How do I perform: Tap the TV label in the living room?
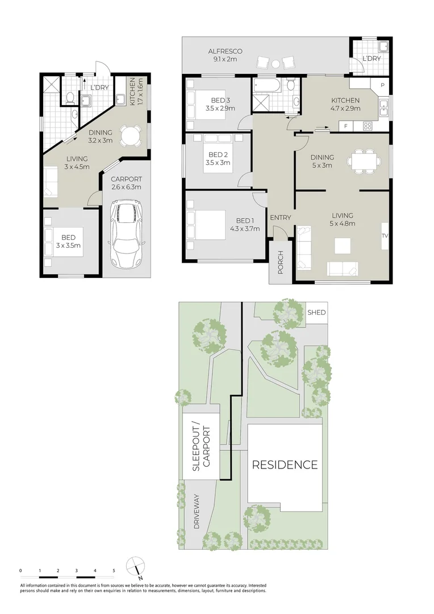coord(385,235)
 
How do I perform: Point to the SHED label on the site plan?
coord(316,312)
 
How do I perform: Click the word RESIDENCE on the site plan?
coord(285,465)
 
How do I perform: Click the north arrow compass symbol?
coord(136,567)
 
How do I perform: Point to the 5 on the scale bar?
coord(114,570)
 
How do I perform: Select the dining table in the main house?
coord(364,160)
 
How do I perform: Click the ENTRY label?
coord(280,218)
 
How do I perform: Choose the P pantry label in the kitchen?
coord(382,85)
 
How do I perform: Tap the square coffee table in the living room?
coord(341,245)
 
